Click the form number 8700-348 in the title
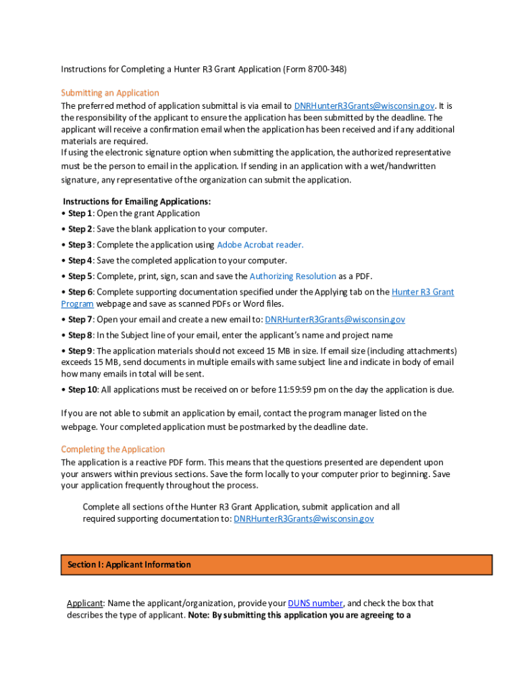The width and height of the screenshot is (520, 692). pos(327,70)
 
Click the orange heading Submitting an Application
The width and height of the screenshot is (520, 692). pos(110,93)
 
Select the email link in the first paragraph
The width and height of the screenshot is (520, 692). pos(364,106)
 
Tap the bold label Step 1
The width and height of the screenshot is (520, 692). pos(80,214)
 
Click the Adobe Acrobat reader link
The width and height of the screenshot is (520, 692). pos(260,245)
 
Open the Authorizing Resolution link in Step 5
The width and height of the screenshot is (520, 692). pos(292,276)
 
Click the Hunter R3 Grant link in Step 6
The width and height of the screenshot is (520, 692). pos(423,292)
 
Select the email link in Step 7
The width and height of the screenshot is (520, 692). pos(335,320)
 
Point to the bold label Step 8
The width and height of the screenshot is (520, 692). pos(80,335)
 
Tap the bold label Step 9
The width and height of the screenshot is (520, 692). pos(80,351)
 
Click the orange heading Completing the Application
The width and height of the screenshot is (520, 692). pos(113,449)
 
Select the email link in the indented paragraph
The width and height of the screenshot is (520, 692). pos(303,519)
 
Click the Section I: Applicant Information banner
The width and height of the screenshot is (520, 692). pos(277,565)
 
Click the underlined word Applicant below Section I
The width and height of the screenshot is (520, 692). pos(84,603)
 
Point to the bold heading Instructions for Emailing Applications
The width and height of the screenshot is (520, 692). pos(136,201)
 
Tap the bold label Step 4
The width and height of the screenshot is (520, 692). pos(80,260)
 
